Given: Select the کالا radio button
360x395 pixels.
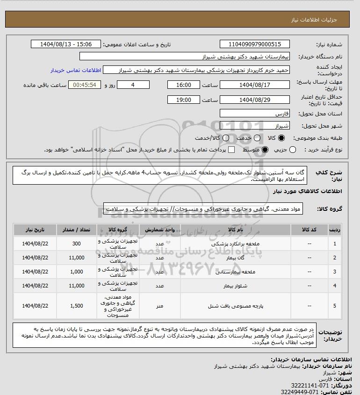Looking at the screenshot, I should tap(281, 138).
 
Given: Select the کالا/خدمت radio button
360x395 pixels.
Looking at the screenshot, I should tap(226, 138).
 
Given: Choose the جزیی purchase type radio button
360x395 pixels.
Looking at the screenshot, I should tap(293, 150).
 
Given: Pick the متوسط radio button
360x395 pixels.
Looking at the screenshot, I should tap(265, 150).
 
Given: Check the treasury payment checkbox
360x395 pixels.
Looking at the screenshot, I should tap(231, 150).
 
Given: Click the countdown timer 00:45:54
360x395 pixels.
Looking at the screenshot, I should tap(85, 85).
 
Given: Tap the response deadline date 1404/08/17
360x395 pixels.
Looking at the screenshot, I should tap(254, 85).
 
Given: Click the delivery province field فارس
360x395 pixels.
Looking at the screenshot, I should tap(254, 114).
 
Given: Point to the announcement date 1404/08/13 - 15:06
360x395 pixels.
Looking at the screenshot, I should tap(65, 44).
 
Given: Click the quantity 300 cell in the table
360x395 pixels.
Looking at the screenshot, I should tap(77, 244).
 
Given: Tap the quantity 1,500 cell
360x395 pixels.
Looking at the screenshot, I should tap(77, 306).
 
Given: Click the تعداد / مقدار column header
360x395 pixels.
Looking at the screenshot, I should tap(77, 230).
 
